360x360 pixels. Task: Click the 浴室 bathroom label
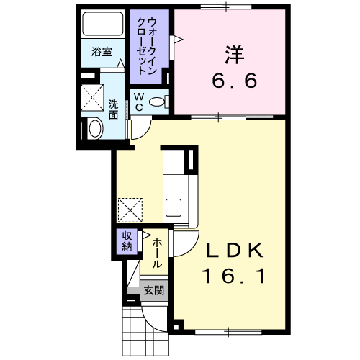pyautogui.click(x=102, y=52)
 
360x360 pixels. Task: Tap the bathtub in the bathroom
pyautogui.click(x=103, y=24)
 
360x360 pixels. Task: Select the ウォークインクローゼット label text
pyautogui.click(x=147, y=46)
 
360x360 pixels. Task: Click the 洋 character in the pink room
pyautogui.click(x=235, y=55)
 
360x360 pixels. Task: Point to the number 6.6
pyautogui.click(x=235, y=81)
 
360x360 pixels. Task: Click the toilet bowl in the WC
pyautogui.click(x=157, y=102)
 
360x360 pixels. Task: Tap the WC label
pyautogui.click(x=139, y=102)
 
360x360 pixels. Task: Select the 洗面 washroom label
pyautogui.click(x=113, y=109)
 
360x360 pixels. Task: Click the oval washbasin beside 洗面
pyautogui.click(x=95, y=128)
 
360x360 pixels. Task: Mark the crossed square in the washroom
pyautogui.click(x=92, y=97)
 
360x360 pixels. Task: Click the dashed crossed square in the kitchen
pyautogui.click(x=130, y=210)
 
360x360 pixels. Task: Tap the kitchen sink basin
pyautogui.click(x=174, y=207)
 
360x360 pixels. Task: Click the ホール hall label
pyautogui.click(x=156, y=253)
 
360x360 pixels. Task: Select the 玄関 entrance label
pyautogui.click(x=154, y=291)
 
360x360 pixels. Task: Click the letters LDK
pyautogui.click(x=234, y=251)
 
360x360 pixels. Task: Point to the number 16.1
pyautogui.click(x=234, y=276)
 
